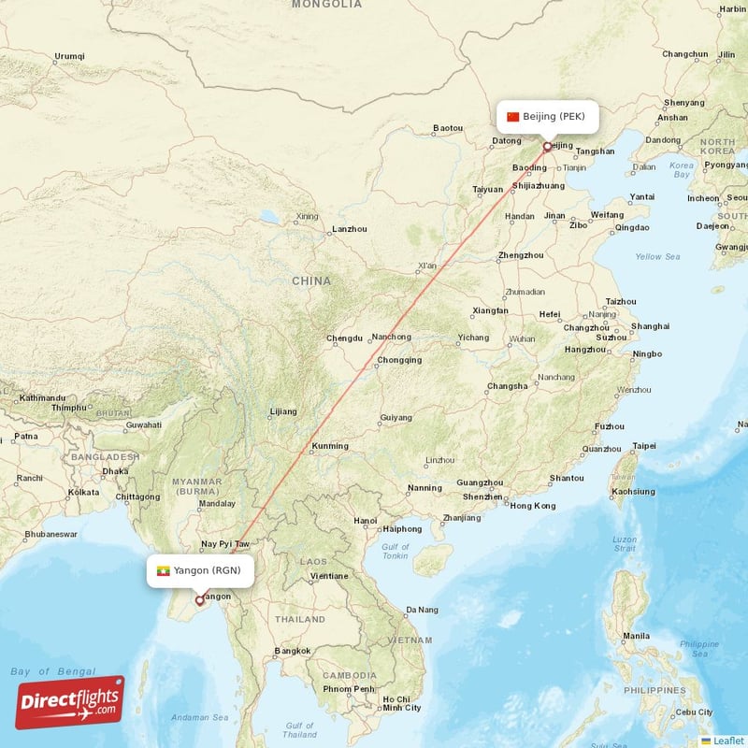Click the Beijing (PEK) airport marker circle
547,147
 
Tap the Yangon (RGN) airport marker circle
198,600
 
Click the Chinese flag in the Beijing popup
512,117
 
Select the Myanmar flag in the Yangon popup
163,570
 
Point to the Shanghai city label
650,326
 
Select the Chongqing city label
399,360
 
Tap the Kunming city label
329,446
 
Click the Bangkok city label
292,651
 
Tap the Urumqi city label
68,57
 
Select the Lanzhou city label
350,229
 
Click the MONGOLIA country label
326,5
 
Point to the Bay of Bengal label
52,671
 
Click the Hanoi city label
366,521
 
